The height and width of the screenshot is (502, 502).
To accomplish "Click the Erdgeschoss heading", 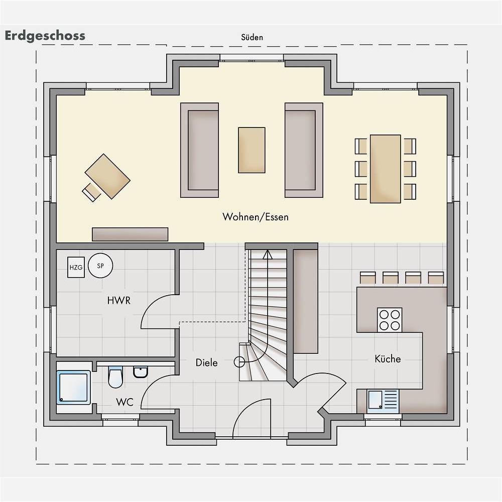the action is pos(45,36).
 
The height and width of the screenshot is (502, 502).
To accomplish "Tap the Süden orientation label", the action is pos(252,38).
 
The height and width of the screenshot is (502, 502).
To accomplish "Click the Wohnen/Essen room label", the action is pos(256,217).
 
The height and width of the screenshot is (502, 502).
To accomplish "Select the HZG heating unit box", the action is pos(76,267).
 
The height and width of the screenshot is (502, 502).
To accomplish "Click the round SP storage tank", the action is pos(100,266).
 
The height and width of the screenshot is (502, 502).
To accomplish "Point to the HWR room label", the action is pos(119,301).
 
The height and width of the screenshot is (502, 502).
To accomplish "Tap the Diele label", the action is pos(206,363).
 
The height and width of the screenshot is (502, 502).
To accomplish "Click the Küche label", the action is pos(388,359).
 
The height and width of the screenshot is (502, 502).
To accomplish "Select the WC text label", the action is pos(124,402).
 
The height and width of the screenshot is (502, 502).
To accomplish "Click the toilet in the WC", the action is pos(115,377).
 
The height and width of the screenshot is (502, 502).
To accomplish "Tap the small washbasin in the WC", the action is pos(141,372).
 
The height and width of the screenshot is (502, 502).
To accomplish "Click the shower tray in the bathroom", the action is pos(73,388).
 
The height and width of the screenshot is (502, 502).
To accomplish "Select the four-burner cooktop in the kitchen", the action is pos(390,320).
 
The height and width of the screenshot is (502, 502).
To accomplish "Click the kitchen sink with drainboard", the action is pos(383,400).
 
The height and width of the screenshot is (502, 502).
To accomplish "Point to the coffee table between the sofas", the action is pos(252,150).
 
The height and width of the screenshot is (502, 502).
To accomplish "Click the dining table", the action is pos(386,169).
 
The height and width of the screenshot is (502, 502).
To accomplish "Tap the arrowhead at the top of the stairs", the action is pos(268,255).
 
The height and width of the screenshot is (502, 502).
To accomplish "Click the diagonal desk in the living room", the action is pos(107,176).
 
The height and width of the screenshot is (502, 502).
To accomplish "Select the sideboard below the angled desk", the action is pos(130,234).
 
